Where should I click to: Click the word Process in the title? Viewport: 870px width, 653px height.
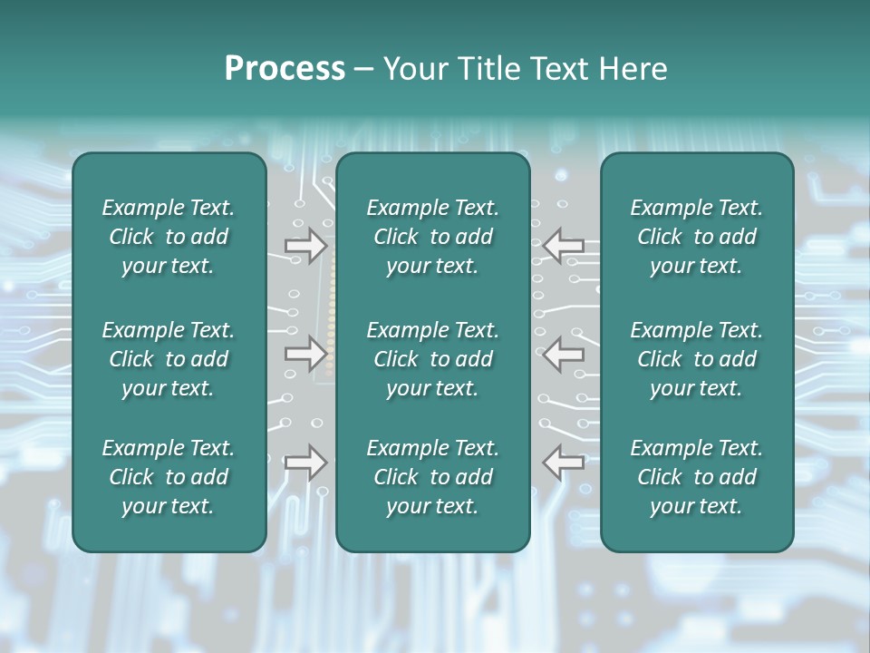tap(285, 69)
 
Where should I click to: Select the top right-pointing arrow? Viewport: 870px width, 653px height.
tap(305, 245)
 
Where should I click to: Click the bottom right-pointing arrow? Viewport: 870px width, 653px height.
tap(305, 463)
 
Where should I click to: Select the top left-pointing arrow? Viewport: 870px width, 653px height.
tap(564, 245)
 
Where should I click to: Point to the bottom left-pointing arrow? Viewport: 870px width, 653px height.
tap(564, 463)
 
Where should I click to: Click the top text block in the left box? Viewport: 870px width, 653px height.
tap(169, 237)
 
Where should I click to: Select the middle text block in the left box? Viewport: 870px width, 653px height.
tap(169, 359)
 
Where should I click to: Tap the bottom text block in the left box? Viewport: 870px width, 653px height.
tap(169, 477)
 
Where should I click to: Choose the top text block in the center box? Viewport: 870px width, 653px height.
tap(432, 237)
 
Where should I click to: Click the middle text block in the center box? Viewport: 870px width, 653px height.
tap(432, 359)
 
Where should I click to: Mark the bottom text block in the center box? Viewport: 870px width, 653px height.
tap(432, 477)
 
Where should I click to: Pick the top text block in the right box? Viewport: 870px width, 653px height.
tap(696, 237)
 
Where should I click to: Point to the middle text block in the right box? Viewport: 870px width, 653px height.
tap(696, 359)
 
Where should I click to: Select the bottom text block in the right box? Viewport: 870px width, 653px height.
tap(696, 477)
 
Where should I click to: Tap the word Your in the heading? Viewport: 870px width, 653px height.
tap(414, 69)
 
